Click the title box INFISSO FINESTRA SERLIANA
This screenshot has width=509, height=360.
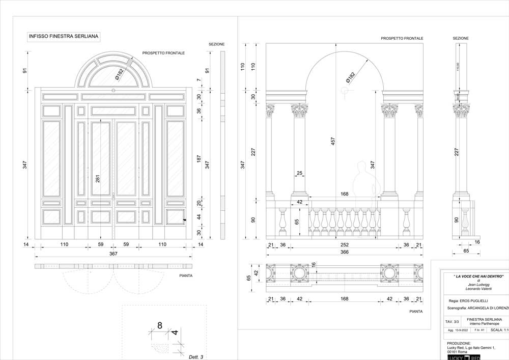[x=64, y=37]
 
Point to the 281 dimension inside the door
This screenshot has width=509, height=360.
[x=98, y=179]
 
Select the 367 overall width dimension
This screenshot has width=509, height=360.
[x=113, y=254]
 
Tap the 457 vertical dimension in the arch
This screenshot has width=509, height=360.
[x=333, y=142]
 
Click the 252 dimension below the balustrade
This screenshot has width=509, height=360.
[x=345, y=245]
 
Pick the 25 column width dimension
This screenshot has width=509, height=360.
[x=299, y=174]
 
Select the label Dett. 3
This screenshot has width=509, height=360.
[x=195, y=357]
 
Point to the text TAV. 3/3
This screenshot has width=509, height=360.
[x=452, y=322]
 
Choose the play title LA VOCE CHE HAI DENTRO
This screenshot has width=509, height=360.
[x=478, y=276]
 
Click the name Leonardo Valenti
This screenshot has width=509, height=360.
[x=479, y=289]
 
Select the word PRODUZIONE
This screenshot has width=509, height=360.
[x=459, y=343]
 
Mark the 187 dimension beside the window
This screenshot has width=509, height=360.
[x=199, y=159]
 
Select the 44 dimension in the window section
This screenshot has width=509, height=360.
[x=199, y=217]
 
